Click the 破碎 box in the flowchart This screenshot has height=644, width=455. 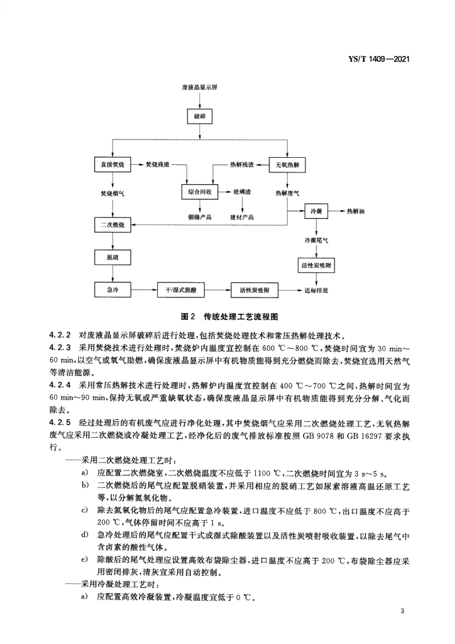click(200, 116)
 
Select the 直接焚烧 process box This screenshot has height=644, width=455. click(112, 165)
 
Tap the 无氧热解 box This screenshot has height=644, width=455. click(287, 165)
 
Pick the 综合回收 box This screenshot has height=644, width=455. click(200, 192)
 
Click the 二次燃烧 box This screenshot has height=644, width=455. click(112, 225)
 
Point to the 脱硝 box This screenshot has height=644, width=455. click(112, 257)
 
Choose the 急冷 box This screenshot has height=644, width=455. click(112, 290)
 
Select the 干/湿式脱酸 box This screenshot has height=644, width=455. click(181, 290)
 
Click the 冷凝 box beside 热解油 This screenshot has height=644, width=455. click(316, 211)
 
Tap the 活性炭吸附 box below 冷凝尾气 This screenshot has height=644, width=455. click(316, 265)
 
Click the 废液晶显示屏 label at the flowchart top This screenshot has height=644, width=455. click(200, 87)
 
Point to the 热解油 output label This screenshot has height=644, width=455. click(356, 211)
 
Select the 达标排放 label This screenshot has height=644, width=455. click(316, 290)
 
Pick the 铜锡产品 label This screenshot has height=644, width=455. click(200, 217)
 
